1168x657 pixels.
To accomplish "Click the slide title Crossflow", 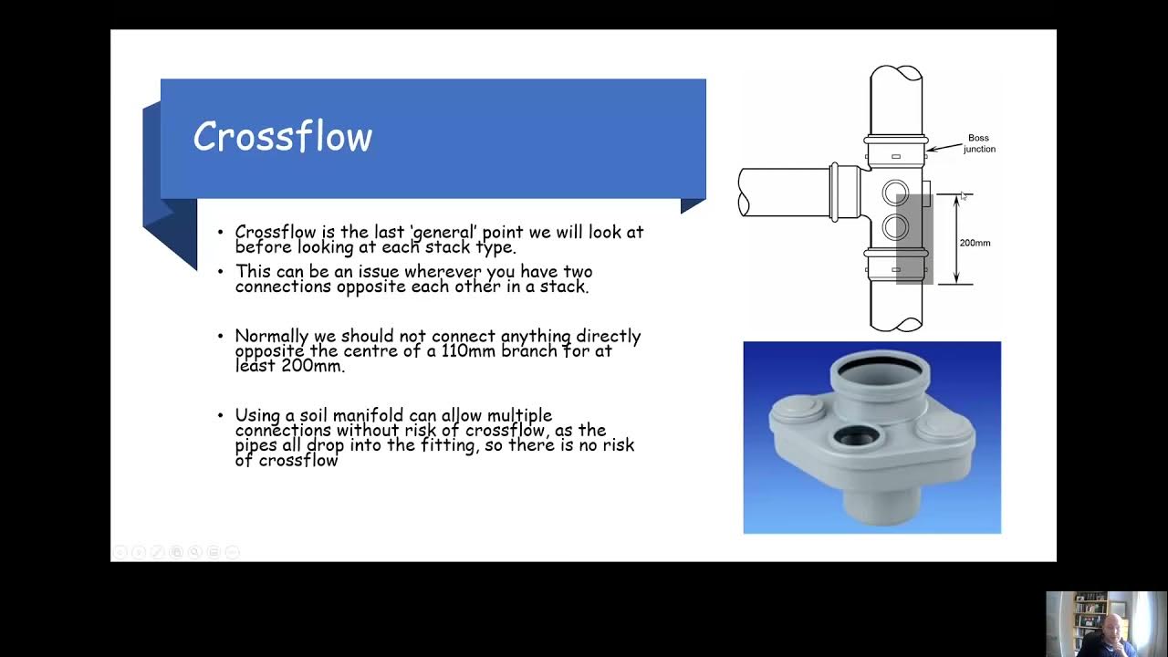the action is click(283, 136).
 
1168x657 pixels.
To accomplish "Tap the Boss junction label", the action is click(979, 143).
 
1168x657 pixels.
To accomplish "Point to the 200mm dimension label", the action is click(975, 243).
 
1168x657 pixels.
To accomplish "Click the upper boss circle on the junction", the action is click(895, 193).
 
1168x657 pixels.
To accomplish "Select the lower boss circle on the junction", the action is click(895, 227).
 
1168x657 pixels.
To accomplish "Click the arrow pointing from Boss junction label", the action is click(944, 148).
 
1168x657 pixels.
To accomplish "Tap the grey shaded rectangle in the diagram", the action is click(914, 239).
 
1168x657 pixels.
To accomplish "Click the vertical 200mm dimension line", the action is click(956, 239).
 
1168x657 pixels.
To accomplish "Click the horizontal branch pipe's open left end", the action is click(744, 193).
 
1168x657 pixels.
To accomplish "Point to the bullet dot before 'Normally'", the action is click(221, 336).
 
